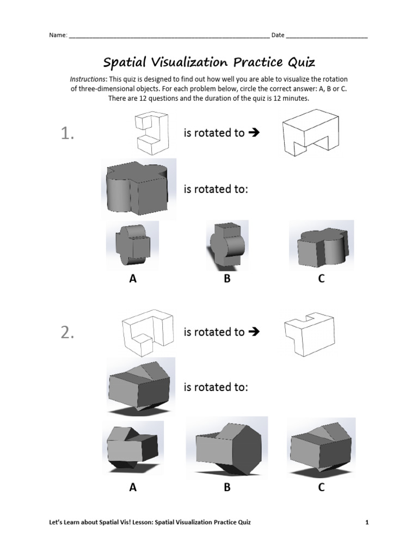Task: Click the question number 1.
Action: point(67,134)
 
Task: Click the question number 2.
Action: point(67,333)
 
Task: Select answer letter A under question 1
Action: point(132,278)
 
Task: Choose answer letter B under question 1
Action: point(227,278)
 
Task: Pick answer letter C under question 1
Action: point(321,278)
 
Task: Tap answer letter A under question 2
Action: point(133,487)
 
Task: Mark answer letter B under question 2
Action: point(227,487)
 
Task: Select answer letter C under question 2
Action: point(322,487)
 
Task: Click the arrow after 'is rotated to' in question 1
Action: point(252,133)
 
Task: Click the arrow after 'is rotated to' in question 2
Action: point(252,332)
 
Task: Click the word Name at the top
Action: point(58,35)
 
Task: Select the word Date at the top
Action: point(278,35)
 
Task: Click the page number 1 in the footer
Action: point(367,523)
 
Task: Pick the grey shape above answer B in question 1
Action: point(227,246)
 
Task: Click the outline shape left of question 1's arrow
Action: point(151,132)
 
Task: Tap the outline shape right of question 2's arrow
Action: point(309,333)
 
